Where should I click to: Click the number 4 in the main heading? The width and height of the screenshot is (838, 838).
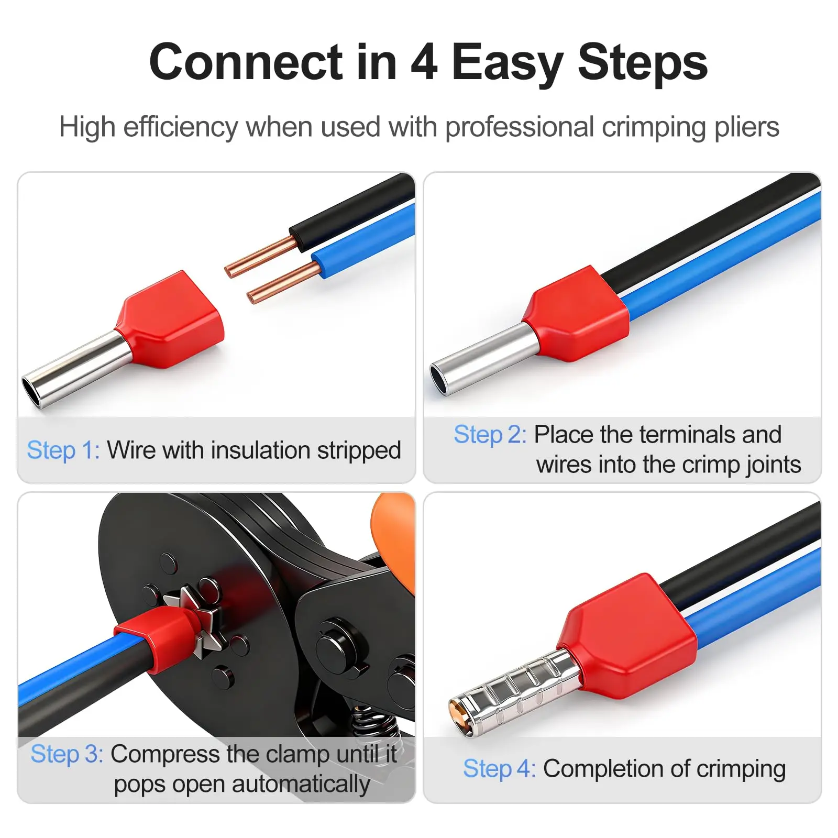[424, 62]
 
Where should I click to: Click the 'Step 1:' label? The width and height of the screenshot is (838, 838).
[63, 450]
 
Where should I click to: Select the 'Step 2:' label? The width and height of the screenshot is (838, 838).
[490, 435]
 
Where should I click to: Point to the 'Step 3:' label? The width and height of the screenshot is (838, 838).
[67, 754]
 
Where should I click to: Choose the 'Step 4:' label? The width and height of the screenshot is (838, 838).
[500, 769]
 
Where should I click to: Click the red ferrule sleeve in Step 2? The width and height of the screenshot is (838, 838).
[577, 314]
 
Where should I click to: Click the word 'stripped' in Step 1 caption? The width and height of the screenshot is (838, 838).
[359, 451]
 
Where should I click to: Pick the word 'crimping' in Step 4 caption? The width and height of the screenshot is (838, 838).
[741, 769]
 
